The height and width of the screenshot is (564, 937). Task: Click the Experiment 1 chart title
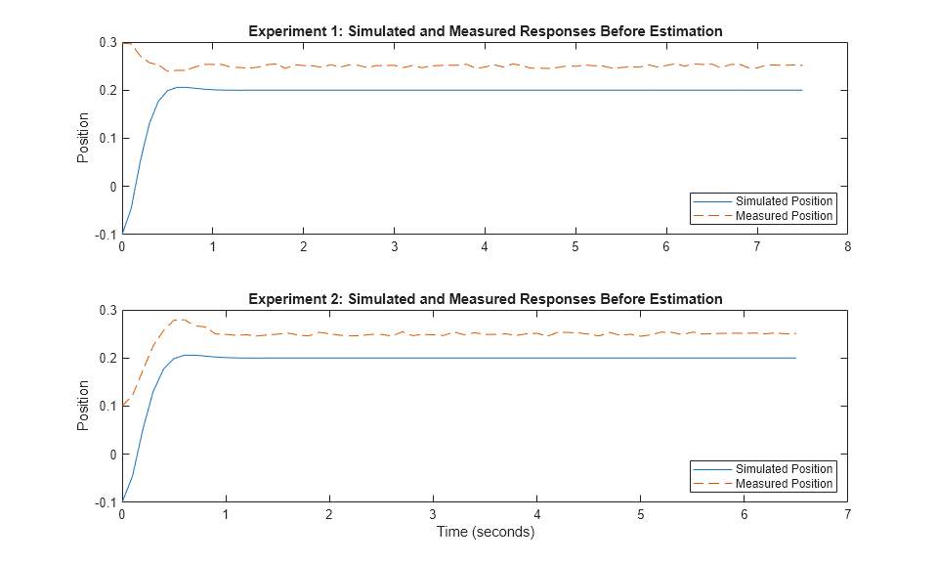(x=485, y=31)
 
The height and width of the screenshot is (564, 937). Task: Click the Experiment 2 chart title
(x=485, y=299)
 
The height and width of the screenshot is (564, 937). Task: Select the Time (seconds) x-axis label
(x=485, y=533)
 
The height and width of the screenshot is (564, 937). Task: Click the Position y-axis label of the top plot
(x=83, y=138)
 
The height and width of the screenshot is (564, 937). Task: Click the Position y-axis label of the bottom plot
(x=83, y=406)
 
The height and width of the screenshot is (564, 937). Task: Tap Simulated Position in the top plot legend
(x=784, y=201)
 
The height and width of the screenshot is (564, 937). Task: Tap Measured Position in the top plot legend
(x=784, y=216)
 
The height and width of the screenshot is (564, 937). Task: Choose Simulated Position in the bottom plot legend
(x=784, y=469)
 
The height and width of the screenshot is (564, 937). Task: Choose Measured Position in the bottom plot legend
(x=784, y=484)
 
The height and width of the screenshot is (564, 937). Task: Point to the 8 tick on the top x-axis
(x=847, y=247)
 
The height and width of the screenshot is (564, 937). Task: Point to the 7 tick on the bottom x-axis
(x=847, y=515)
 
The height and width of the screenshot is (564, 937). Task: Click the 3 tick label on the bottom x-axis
(x=433, y=515)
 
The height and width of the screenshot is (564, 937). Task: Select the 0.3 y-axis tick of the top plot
(x=106, y=42)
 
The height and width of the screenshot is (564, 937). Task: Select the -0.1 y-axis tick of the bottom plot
(x=104, y=502)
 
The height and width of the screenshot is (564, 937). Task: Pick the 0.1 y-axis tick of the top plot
(x=106, y=138)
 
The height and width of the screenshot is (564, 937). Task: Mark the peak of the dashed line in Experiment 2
(x=179, y=319)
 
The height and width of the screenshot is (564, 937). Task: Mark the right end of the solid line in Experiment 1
(x=802, y=90)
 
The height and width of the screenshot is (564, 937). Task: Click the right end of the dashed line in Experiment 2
(x=796, y=334)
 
